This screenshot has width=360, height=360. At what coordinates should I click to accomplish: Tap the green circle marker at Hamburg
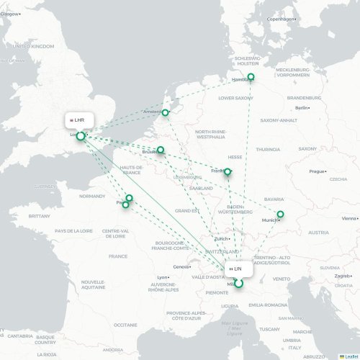(x=251, y=77)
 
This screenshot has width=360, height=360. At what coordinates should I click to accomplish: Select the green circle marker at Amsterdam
(x=166, y=112)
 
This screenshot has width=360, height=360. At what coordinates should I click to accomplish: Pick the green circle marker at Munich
(x=281, y=214)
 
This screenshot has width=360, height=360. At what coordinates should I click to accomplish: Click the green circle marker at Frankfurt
(x=228, y=171)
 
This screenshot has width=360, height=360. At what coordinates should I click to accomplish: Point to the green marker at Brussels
(x=161, y=150)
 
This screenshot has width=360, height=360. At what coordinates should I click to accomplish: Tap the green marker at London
(x=81, y=135)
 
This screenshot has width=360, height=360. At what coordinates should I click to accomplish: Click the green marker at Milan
(x=239, y=283)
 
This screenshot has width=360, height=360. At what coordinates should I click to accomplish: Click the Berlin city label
(x=302, y=108)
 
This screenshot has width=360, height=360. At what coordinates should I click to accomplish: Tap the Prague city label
(x=318, y=171)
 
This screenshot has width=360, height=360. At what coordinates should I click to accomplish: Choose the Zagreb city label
(x=342, y=276)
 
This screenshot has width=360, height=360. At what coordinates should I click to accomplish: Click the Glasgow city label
(x=10, y=14)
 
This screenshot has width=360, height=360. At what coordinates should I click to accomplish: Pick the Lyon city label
(x=163, y=277)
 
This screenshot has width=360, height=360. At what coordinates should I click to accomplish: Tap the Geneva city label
(x=181, y=266)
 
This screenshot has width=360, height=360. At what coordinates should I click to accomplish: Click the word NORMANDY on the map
(x=91, y=196)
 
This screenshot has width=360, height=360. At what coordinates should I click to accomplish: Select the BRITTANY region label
(x=39, y=215)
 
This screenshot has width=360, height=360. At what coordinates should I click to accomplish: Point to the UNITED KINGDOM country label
(x=34, y=45)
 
